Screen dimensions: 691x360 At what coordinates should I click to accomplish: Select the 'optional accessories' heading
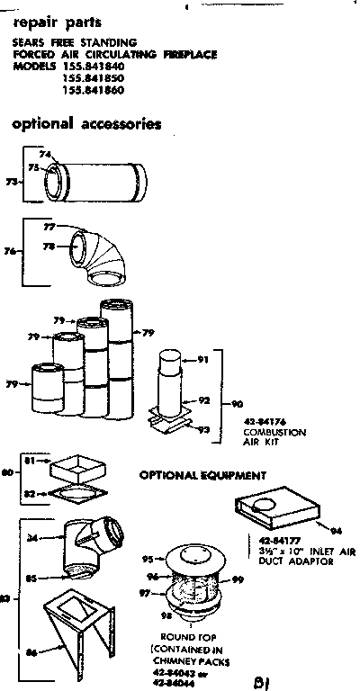(86, 124)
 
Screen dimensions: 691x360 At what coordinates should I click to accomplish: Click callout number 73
(11, 182)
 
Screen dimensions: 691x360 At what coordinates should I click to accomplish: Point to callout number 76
(11, 253)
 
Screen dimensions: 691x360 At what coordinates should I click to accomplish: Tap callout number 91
(202, 360)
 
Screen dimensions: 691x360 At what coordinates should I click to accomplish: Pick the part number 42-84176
(263, 423)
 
